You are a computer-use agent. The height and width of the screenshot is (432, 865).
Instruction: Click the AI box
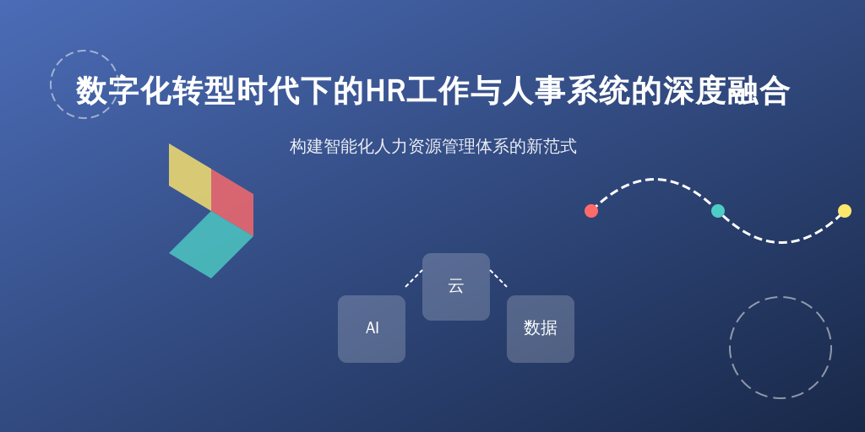click(372, 329)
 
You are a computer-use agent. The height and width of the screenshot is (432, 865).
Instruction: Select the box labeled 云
click(456, 287)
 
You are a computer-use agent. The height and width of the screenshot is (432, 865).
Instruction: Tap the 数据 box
click(541, 329)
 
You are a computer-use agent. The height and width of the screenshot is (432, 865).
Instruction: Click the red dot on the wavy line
click(591, 211)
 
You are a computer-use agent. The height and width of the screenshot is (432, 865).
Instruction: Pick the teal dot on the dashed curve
click(718, 211)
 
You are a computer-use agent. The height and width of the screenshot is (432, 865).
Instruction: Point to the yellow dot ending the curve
click(845, 211)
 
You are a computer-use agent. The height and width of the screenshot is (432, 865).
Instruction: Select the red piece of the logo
click(233, 202)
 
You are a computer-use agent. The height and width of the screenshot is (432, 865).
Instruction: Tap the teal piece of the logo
click(211, 245)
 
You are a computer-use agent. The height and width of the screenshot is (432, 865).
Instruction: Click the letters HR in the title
click(385, 91)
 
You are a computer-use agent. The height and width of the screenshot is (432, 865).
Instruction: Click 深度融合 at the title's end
click(726, 91)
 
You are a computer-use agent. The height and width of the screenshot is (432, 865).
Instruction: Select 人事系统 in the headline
click(566, 91)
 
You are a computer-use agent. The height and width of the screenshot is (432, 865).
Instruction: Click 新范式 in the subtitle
click(552, 147)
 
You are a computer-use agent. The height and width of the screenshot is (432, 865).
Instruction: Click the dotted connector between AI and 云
click(414, 278)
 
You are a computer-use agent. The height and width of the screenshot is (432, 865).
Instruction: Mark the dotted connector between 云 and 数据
click(498, 278)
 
